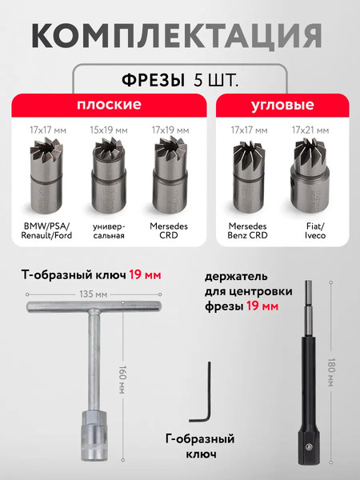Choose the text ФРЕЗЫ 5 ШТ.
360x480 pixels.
point(180,80)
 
